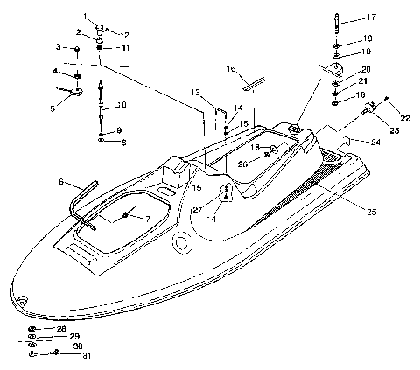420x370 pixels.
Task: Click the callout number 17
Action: click(x=372, y=17)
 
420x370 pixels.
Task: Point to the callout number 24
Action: click(x=375, y=141)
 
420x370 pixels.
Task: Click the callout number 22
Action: click(x=404, y=119)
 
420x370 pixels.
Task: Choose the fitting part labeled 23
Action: click(x=369, y=108)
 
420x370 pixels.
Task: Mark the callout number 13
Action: click(x=195, y=92)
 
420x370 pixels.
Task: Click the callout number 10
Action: click(x=122, y=106)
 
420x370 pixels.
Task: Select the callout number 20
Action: click(x=365, y=69)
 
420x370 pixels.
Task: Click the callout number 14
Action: click(x=238, y=108)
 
